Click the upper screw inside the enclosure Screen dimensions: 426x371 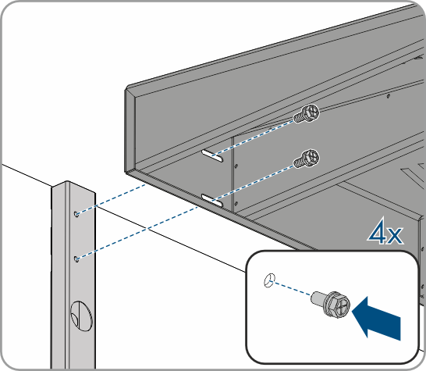point(307,114)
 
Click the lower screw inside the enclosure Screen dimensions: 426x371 point(307,159)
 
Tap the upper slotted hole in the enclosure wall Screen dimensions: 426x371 point(212,155)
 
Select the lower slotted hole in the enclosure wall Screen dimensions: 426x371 point(212,201)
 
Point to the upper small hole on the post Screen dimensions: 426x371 point(77,214)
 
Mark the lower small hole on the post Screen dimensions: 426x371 point(77,259)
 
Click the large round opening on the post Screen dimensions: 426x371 point(81,316)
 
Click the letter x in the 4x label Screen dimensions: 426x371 point(395,236)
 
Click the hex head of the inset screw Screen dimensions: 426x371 point(338,305)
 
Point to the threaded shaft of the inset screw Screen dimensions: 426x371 point(318,298)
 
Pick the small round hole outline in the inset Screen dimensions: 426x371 point(269,280)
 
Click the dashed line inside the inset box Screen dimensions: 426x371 point(293,289)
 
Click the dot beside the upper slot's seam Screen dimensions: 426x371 point(236,166)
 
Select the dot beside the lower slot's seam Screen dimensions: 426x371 point(236,203)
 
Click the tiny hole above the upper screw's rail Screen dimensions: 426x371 point(389,96)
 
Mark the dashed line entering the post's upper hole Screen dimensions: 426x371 point(112,199)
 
